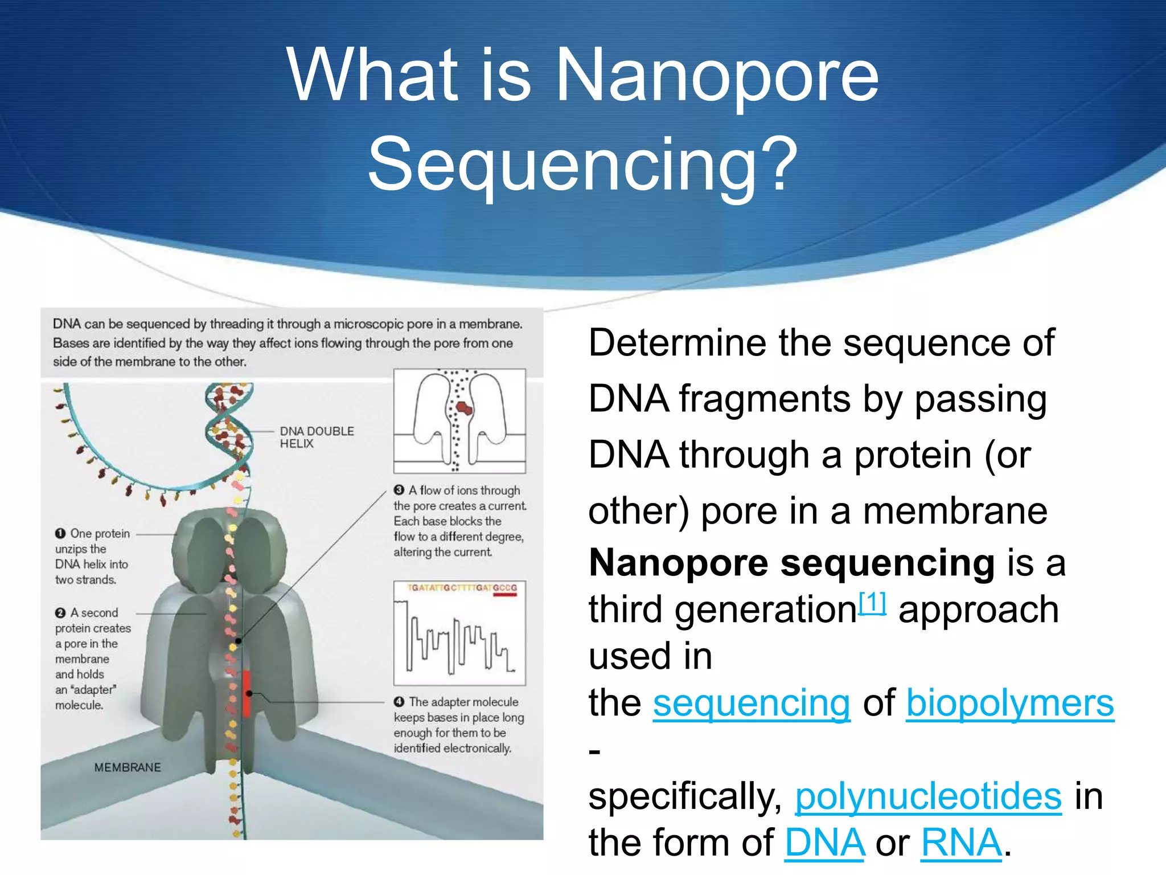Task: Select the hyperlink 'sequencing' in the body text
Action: (751, 703)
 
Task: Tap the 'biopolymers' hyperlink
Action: (1009, 703)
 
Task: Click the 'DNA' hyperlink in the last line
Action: (824, 843)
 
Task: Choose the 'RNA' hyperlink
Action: (961, 843)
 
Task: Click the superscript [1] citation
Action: (872, 603)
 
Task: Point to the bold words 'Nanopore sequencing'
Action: (791, 563)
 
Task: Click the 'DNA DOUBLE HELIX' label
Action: (316, 437)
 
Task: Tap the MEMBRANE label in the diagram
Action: (128, 767)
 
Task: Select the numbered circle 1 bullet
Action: (60, 534)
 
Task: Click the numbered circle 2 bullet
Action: (60, 613)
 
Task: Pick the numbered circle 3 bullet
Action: (399, 490)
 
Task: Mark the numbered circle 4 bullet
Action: (399, 702)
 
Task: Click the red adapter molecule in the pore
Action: (247, 693)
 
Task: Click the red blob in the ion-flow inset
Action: (464, 408)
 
